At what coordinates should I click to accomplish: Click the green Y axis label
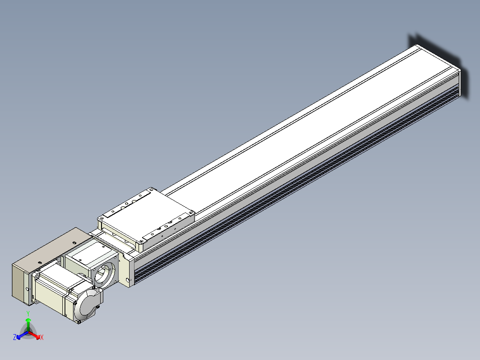pos(28,313)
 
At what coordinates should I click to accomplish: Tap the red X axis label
pos(42,337)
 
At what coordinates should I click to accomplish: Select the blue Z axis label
pos(15,337)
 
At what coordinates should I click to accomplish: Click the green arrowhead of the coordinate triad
pos(28,320)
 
